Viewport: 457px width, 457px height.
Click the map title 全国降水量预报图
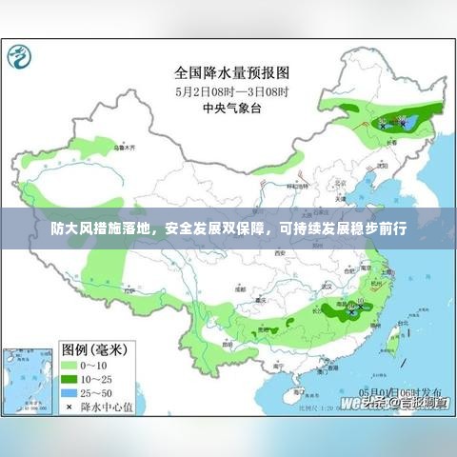pyautogui.click(x=231, y=71)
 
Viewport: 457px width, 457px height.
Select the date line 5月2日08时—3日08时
pyautogui.click(x=231, y=90)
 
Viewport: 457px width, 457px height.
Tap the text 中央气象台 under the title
pyautogui.click(x=230, y=108)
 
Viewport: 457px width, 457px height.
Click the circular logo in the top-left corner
pyautogui.click(x=19, y=59)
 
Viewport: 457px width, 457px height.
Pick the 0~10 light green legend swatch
pyautogui.click(x=70, y=365)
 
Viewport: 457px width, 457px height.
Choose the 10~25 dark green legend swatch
pyautogui.click(x=70, y=378)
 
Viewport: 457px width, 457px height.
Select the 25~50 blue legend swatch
pyautogui.click(x=70, y=391)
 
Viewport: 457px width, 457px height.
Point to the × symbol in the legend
pyautogui.click(x=70, y=406)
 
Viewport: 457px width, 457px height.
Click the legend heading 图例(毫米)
pyautogui.click(x=96, y=348)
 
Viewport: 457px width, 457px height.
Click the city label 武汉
pyautogui.click(x=327, y=284)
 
